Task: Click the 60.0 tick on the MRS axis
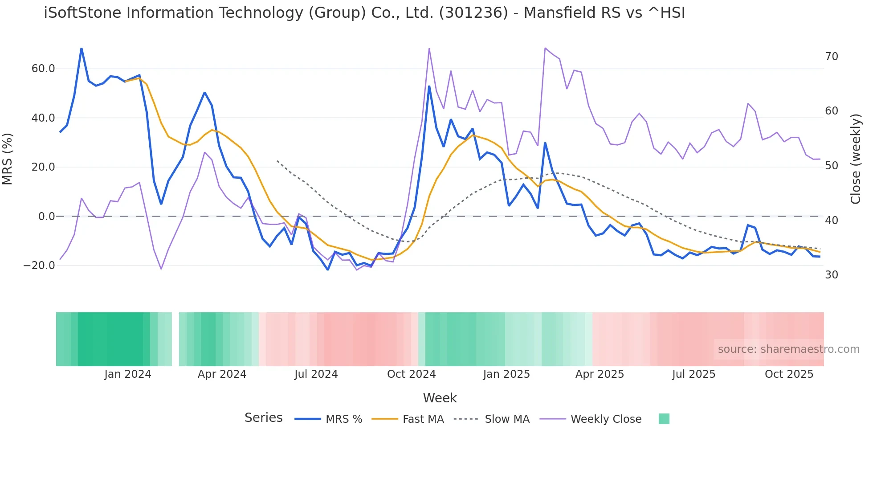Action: click(x=43, y=69)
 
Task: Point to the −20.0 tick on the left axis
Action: click(x=39, y=266)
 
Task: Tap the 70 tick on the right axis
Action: click(x=831, y=57)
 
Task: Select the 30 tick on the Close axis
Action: click(x=831, y=275)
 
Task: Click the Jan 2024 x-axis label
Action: click(x=127, y=374)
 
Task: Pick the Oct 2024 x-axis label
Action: click(x=411, y=374)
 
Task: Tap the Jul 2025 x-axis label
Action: click(x=694, y=374)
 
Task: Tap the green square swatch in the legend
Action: click(x=664, y=419)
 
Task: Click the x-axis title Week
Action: click(x=440, y=398)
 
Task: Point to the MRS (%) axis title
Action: click(x=8, y=159)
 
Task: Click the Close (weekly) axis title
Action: click(x=855, y=159)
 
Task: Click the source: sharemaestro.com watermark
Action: click(x=788, y=349)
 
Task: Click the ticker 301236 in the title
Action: click(x=473, y=13)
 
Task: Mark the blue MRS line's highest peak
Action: click(x=82, y=49)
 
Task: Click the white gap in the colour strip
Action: click(x=175, y=339)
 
